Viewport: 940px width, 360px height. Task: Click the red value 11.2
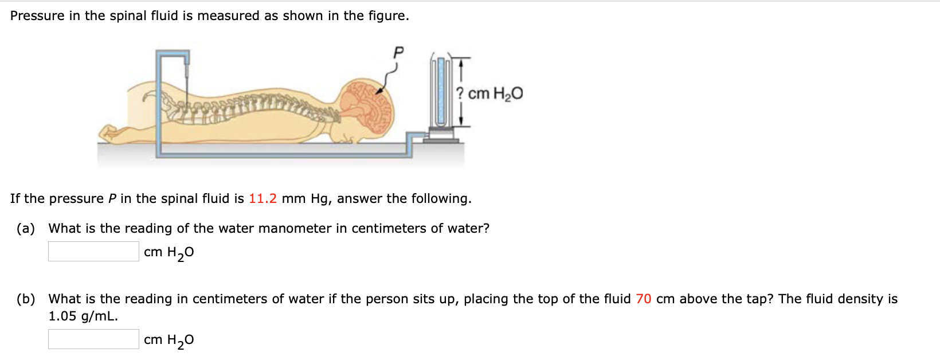pyautogui.click(x=263, y=198)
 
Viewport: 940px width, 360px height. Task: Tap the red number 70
pyautogui.click(x=643, y=299)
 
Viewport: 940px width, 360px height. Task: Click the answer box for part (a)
pyautogui.click(x=93, y=251)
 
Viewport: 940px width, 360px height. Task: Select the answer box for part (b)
pyautogui.click(x=93, y=339)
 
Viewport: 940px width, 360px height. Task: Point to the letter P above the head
pyautogui.click(x=398, y=53)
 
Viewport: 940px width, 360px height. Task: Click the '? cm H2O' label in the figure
pyautogui.click(x=489, y=93)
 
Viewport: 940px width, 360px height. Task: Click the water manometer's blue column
pyautogui.click(x=441, y=92)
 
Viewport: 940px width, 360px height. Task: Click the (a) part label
pyautogui.click(x=26, y=228)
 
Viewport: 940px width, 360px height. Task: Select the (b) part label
pyautogui.click(x=26, y=299)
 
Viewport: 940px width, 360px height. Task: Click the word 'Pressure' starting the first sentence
pyautogui.click(x=37, y=15)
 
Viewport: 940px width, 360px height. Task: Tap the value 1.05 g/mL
pyautogui.click(x=83, y=316)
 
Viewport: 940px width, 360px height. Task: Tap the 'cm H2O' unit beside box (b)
pyautogui.click(x=169, y=340)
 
